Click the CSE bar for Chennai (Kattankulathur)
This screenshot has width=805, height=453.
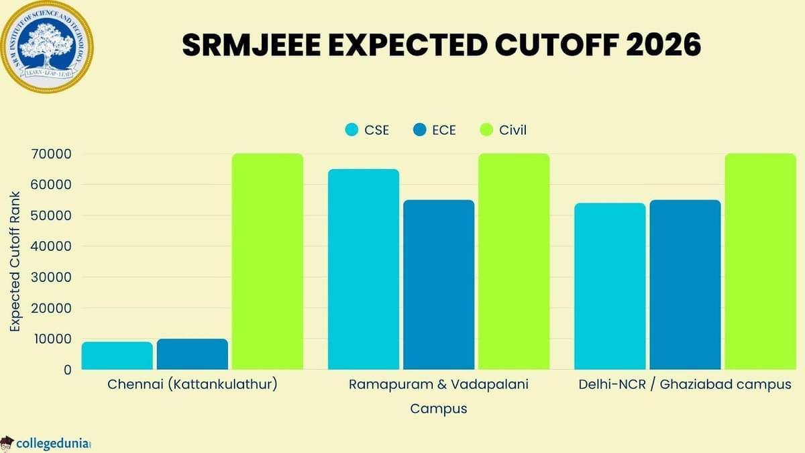coord(117,356)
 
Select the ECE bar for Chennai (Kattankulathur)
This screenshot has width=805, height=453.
coord(193,354)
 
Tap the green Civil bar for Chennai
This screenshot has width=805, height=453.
coord(268,262)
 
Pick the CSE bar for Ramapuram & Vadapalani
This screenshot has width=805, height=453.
coord(364,269)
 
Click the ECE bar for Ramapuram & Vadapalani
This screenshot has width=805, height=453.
coord(439,285)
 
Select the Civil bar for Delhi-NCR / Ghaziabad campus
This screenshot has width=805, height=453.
coord(760,262)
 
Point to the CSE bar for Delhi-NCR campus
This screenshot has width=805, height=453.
coord(610,287)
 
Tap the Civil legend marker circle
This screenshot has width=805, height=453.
coord(487,130)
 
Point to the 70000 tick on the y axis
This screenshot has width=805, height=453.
coord(52,154)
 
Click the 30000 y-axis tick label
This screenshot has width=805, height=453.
coord(52,277)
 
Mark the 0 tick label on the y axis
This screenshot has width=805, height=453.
coord(67,370)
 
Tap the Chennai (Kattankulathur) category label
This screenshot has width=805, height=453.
coord(192,385)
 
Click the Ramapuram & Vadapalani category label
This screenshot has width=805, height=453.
coord(439,385)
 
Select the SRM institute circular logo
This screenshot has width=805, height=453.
coord(47,46)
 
